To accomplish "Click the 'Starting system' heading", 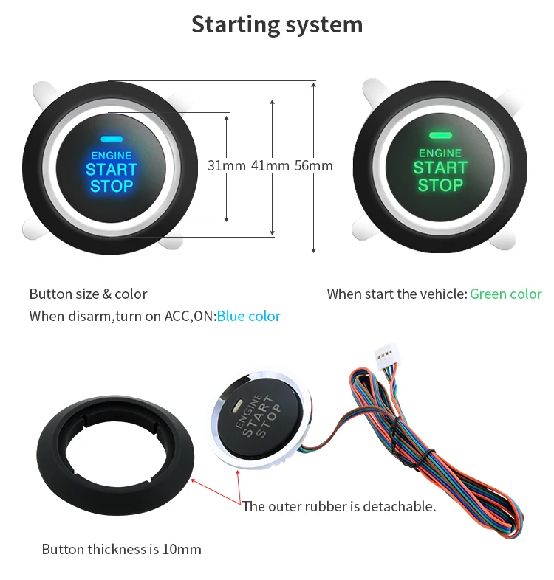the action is (277, 25).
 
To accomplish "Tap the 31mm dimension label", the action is (226, 166).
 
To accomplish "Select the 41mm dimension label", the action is (270, 166).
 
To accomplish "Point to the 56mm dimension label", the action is (314, 166).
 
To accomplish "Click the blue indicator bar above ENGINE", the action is (112, 139).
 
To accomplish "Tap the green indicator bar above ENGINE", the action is (440, 135).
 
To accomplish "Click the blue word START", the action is (112, 170).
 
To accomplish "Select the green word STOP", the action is (440, 185).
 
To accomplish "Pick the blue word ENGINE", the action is (112, 156).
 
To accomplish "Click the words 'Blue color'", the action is (248, 317).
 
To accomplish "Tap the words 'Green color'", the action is (506, 294).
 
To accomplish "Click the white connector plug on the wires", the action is (387, 355).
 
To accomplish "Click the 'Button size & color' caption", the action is (88, 294).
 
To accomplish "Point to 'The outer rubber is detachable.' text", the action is (339, 506).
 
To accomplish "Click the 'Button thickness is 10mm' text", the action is (121, 549).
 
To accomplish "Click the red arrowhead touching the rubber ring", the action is (193, 480).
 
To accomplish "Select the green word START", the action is (440, 168).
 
